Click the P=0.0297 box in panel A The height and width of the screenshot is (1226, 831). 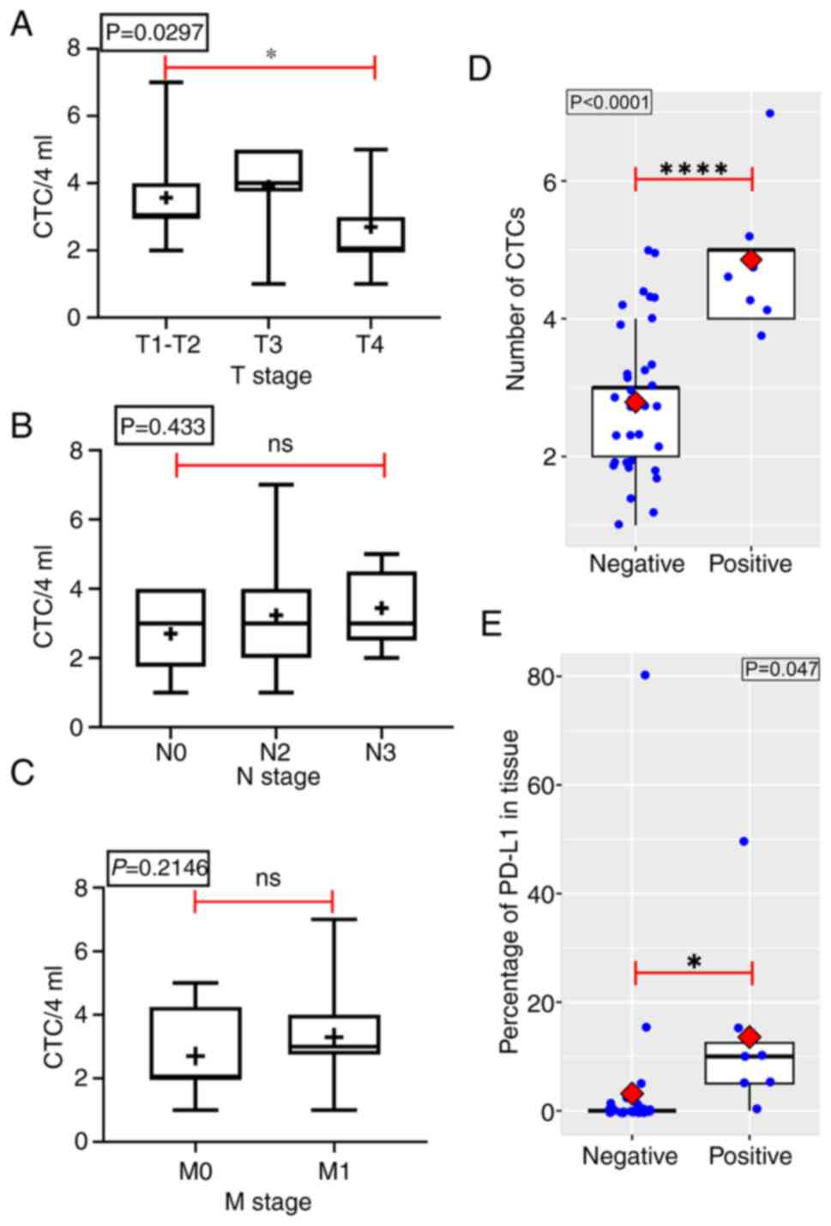click(154, 33)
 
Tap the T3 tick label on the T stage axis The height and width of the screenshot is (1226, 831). click(268, 345)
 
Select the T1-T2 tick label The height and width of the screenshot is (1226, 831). click(167, 345)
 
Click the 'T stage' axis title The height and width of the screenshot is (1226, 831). click(271, 376)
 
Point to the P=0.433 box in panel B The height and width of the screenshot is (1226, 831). click(164, 426)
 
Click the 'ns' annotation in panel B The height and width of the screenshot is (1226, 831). click(280, 444)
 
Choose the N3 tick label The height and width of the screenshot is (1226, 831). click(380, 752)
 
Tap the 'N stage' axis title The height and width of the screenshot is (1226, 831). click(278, 776)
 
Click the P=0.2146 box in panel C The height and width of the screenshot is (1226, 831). click(160, 868)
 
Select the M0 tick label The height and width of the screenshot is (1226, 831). click(195, 1171)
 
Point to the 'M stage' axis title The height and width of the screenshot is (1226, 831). click(268, 1202)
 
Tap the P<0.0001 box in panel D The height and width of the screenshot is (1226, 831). click(610, 103)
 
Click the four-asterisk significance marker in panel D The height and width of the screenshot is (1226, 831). click(694, 169)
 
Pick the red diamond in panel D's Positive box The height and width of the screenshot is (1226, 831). click(751, 259)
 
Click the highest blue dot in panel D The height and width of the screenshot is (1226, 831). click(770, 113)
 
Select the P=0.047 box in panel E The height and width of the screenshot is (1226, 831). click(780, 668)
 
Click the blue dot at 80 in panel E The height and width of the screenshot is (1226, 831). click(645, 676)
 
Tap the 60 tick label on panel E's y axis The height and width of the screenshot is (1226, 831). click(539, 785)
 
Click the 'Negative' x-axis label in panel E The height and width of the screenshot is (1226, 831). click(629, 1157)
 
